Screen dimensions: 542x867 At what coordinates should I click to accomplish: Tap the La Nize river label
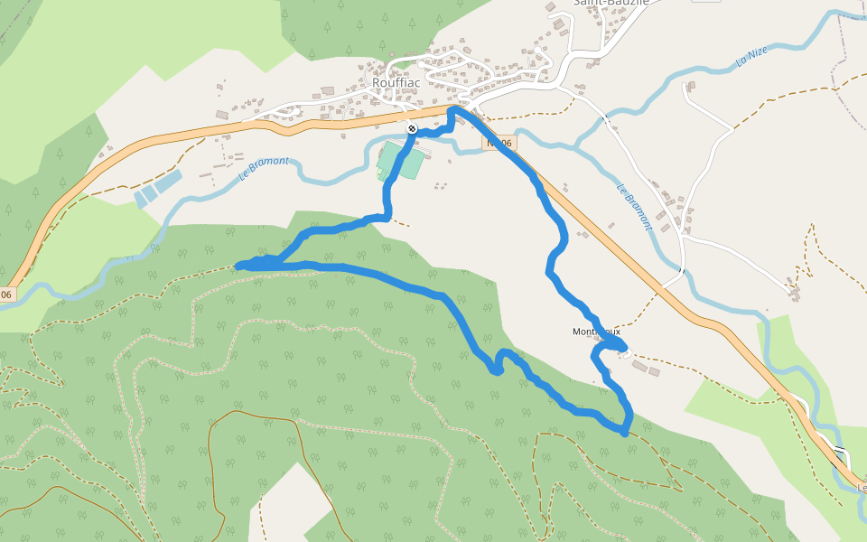pyautogui.click(x=750, y=58)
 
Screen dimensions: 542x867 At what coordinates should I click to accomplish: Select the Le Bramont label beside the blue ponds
pyautogui.click(x=265, y=168)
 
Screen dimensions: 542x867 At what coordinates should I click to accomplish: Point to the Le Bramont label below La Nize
pyautogui.click(x=634, y=208)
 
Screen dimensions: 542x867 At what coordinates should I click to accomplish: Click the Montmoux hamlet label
pyautogui.click(x=595, y=332)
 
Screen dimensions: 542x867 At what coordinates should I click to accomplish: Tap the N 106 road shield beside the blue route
pyautogui.click(x=499, y=143)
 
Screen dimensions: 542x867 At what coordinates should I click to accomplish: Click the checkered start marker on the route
pyautogui.click(x=411, y=129)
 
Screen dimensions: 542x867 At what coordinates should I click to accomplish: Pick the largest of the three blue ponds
pyautogui.click(x=166, y=182)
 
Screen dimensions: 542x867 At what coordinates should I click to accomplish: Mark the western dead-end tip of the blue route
pyautogui.click(x=238, y=266)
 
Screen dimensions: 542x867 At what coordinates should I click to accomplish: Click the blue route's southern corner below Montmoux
pyautogui.click(x=625, y=433)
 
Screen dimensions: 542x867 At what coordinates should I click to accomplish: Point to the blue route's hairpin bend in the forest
pyautogui.click(x=497, y=369)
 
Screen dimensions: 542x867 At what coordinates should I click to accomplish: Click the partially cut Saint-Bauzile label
pyautogui.click(x=611, y=3)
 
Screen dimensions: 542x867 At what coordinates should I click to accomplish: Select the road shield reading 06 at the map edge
pyautogui.click(x=6, y=294)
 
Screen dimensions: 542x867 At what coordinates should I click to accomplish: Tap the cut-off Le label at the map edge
pyautogui.click(x=862, y=489)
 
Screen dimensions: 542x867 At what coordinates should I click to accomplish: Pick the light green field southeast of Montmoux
pyautogui.click(x=722, y=397)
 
